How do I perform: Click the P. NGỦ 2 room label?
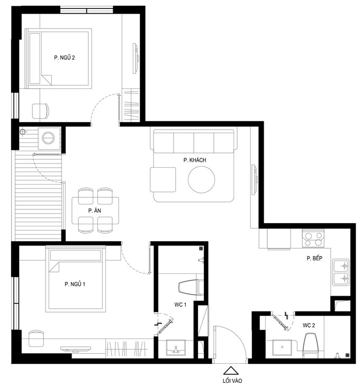65,58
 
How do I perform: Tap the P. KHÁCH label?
195,160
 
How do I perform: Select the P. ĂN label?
95,210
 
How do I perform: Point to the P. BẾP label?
314,258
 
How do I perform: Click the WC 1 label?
181,305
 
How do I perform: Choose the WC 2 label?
309,325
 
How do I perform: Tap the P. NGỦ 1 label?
75,284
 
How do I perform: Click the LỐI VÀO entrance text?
232,381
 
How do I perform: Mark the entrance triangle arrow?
231,371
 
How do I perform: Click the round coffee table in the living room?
201,179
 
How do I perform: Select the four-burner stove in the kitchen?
313,238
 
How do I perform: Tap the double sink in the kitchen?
341,272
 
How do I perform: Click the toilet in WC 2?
310,345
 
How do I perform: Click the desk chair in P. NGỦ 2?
41,111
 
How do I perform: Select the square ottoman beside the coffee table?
163,180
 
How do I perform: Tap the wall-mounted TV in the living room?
255,180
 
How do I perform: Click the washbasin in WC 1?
176,347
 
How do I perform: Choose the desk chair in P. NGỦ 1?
36,338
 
